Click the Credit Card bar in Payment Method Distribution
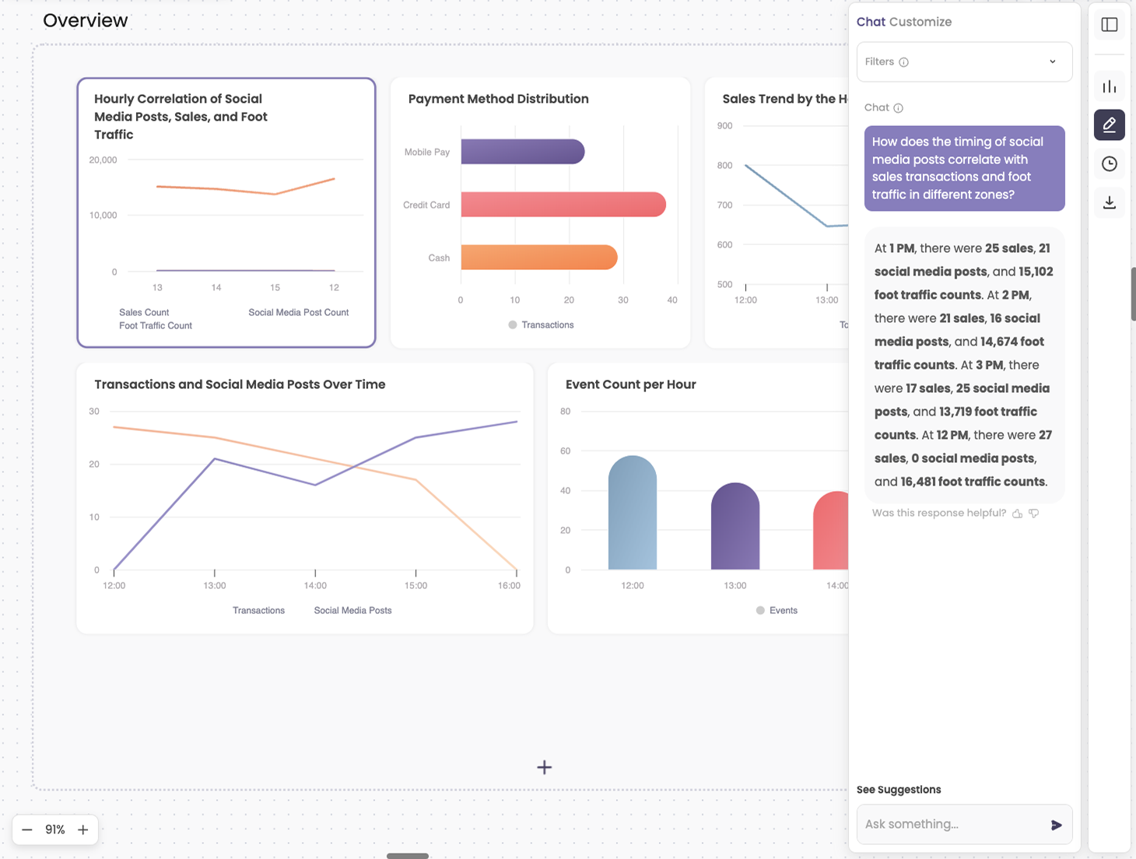[563, 205]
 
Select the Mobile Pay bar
[522, 152]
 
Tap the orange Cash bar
[538, 258]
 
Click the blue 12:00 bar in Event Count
[632, 514]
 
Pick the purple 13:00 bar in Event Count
[735, 528]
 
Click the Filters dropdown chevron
[1052, 61]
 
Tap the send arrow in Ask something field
[1056, 825]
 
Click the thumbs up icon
[1017, 514]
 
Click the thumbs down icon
[1034, 514]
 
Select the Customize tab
[920, 22]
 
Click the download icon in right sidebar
[1109, 203]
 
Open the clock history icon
[1109, 163]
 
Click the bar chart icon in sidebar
[1109, 86]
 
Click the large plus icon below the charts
[545, 767]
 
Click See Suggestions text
[899, 790]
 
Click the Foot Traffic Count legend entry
[155, 326]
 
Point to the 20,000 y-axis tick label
[103, 160]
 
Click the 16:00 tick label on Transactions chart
[509, 586]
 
